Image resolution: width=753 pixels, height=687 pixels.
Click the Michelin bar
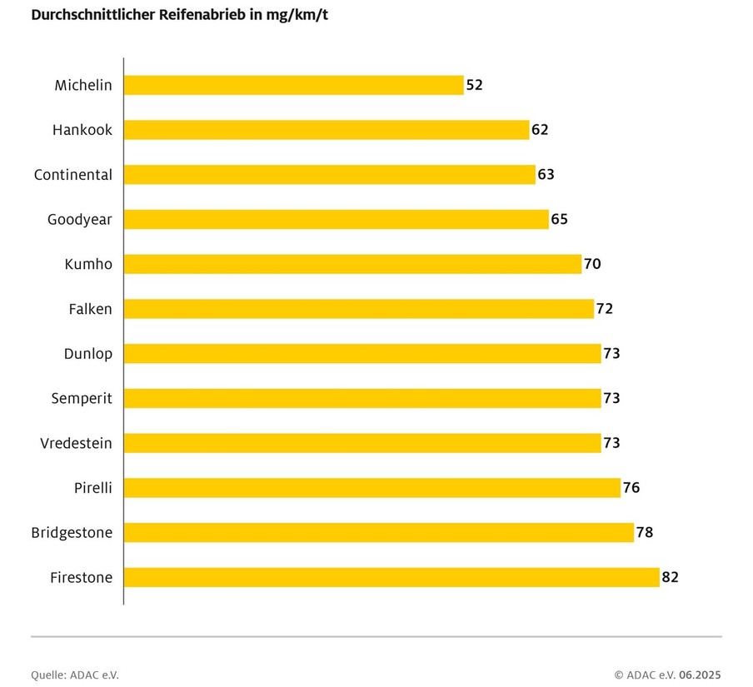coord(293,85)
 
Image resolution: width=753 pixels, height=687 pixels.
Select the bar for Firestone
coord(391,577)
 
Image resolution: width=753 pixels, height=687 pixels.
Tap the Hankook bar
coord(327,130)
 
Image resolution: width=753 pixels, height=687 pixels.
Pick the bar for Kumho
coord(352,264)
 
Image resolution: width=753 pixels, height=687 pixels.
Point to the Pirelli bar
coord(372,487)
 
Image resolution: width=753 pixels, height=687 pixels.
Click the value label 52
coord(475,85)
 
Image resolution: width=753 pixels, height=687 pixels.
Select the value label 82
coord(671,577)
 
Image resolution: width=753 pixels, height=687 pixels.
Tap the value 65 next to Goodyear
coord(560,220)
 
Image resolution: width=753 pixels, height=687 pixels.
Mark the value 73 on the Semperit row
coord(611,398)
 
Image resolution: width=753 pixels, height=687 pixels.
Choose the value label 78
coord(645,532)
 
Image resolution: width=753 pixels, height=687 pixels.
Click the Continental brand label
coord(73,175)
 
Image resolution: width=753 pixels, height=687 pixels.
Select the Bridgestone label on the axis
coord(72,532)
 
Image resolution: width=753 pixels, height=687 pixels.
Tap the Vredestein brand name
coord(76,443)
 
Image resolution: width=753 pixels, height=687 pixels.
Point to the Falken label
coord(90,309)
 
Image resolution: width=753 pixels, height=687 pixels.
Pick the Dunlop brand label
coord(88,354)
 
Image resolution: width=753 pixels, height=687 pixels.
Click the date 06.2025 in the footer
coord(701,675)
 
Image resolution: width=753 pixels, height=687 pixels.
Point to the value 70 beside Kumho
coord(592,264)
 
